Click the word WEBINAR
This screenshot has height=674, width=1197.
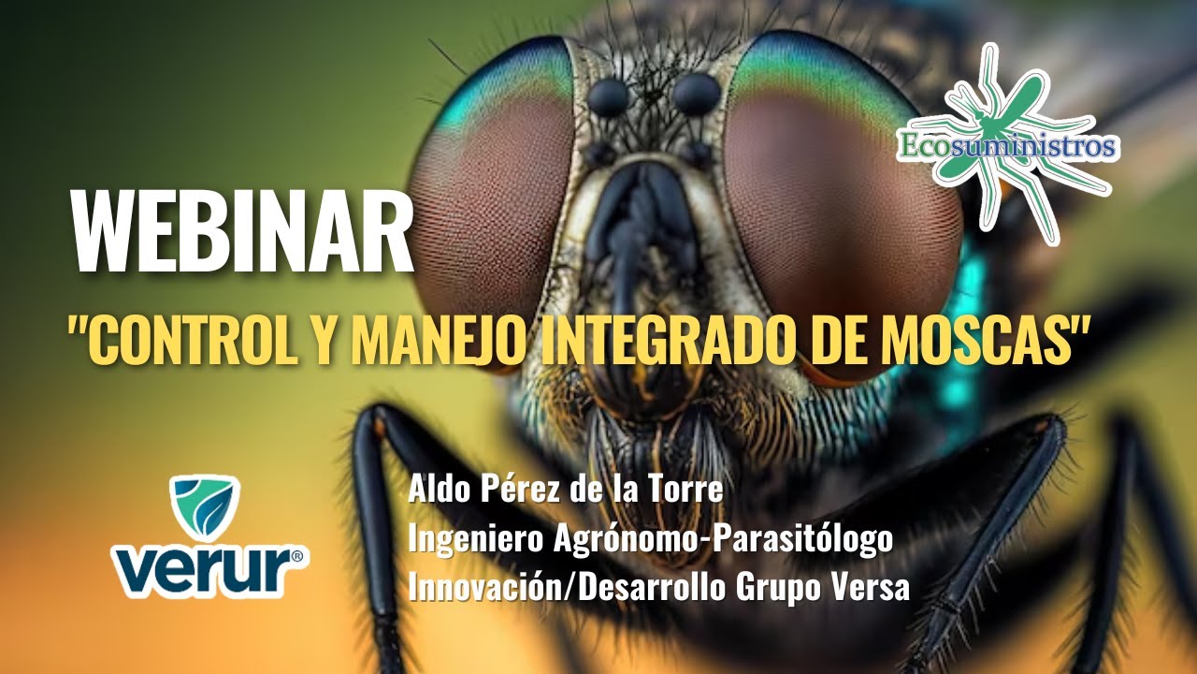click(241, 233)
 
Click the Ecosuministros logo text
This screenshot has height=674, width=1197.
click(1006, 146)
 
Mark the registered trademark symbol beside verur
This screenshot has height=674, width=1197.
click(296, 556)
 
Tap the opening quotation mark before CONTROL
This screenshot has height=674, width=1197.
click(76, 330)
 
